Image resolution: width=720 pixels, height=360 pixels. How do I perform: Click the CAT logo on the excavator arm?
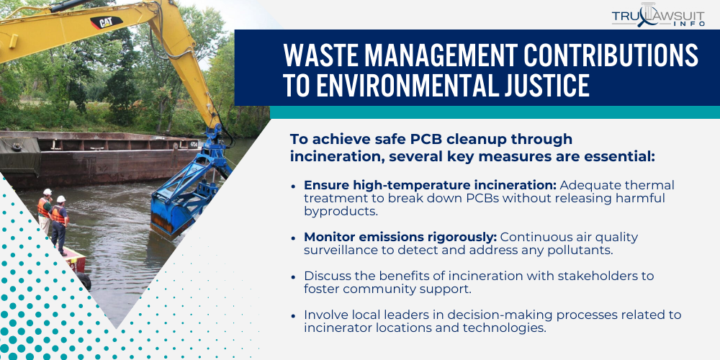(106, 22)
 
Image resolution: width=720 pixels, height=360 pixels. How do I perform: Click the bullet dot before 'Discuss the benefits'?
(293, 276)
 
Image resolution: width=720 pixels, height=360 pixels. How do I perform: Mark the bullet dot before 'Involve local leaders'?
(293, 315)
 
